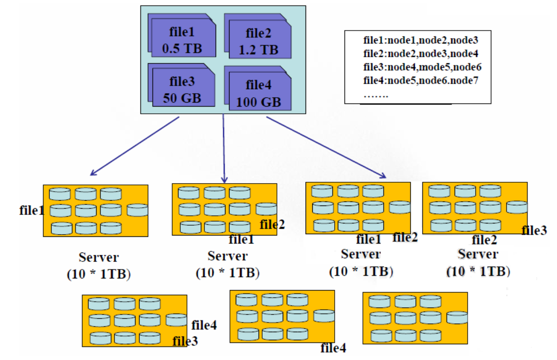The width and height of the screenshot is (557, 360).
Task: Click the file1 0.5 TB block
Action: click(x=183, y=40)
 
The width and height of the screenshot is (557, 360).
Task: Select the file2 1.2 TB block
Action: click(x=258, y=41)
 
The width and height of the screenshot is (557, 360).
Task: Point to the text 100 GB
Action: click(x=259, y=102)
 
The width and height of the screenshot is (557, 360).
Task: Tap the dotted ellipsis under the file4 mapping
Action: click(x=376, y=95)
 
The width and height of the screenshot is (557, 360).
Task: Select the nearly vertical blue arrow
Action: click(x=224, y=148)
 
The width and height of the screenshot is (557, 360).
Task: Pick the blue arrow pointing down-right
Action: click(x=326, y=148)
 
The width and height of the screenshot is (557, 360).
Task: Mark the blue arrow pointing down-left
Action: click(x=134, y=146)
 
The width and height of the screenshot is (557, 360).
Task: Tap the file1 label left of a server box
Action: click(x=32, y=210)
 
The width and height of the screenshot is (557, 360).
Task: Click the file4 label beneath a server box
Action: click(x=333, y=347)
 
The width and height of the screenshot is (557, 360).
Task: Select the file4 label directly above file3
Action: click(x=204, y=326)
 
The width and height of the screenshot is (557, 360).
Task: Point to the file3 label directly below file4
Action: click(x=185, y=341)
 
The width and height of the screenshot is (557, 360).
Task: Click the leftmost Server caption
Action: click(x=99, y=257)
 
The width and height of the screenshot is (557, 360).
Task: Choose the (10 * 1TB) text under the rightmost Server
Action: click(x=478, y=271)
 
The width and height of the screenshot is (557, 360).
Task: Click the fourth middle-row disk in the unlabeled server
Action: click(x=457, y=317)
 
